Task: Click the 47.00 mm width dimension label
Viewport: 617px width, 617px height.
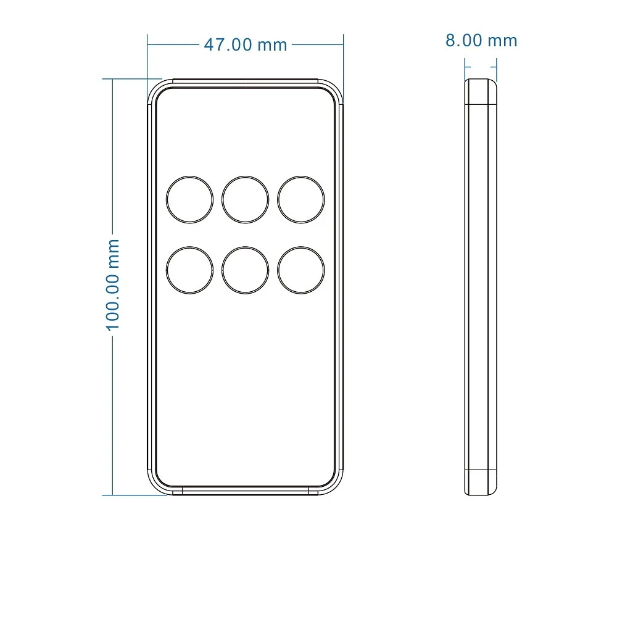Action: tap(246, 45)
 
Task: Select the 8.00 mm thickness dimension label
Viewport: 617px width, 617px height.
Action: tap(481, 41)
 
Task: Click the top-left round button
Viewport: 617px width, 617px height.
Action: tap(189, 199)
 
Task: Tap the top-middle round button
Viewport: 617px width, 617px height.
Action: tap(245, 199)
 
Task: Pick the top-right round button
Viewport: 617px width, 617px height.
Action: tap(301, 199)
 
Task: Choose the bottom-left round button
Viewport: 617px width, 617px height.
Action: tap(189, 270)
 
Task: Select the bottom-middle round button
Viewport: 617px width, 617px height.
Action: tap(245, 270)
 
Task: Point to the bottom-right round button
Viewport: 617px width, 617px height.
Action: tap(301, 270)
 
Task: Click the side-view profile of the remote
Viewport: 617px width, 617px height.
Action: tap(481, 287)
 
